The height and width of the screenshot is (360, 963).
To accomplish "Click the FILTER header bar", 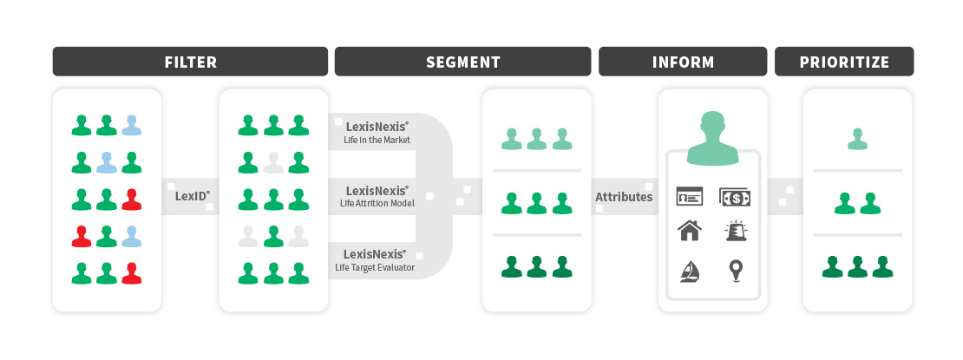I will tap(190, 62).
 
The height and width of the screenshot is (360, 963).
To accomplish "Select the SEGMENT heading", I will tap(462, 62).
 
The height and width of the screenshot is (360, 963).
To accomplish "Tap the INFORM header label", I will tap(683, 62).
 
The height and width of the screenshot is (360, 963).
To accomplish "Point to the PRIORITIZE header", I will tap(843, 62).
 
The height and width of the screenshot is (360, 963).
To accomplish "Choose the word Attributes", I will tap(623, 197).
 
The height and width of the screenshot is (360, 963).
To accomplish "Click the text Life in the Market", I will tap(377, 140).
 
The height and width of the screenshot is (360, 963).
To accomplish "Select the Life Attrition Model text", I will tap(376, 204).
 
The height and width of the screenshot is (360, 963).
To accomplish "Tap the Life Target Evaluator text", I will tap(376, 267).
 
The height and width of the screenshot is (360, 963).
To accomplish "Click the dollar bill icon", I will tap(734, 197).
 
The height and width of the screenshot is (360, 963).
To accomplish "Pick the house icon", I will tap(690, 231).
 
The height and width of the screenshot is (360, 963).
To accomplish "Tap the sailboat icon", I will tap(690, 272).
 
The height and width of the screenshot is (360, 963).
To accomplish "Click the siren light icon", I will tap(734, 231).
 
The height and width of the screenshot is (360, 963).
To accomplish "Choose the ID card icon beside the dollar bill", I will tap(690, 197).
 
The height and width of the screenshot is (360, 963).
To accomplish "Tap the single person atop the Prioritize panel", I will tap(857, 139).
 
